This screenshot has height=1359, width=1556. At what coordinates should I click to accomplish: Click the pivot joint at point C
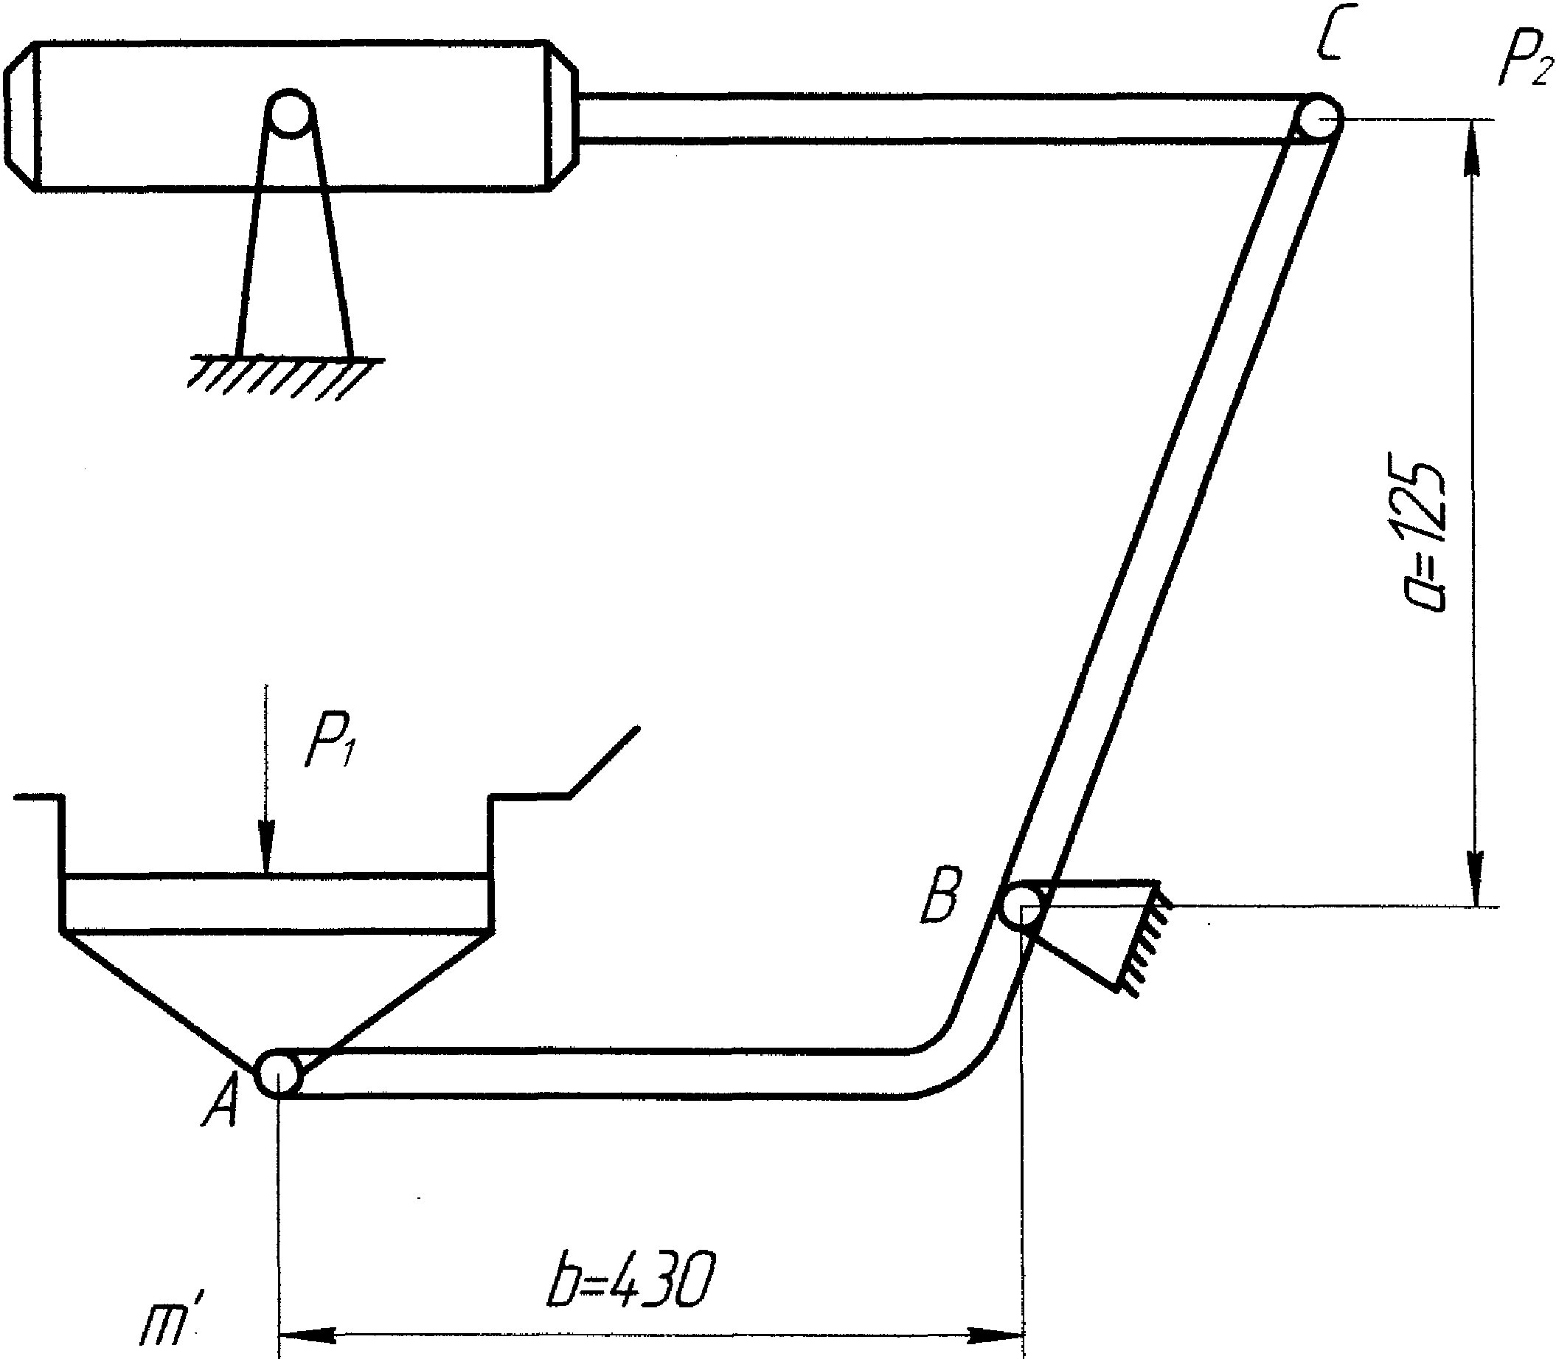[x=1319, y=118]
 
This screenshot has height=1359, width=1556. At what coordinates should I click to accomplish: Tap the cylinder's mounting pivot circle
[x=289, y=113]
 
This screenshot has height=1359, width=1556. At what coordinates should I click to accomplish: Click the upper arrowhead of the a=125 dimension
[x=1472, y=147]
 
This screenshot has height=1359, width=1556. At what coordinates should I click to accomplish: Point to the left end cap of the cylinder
[x=21, y=116]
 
